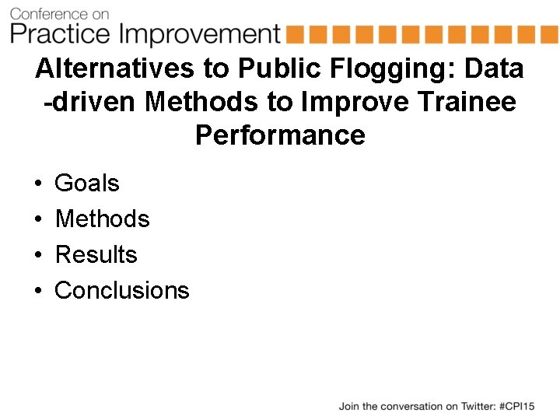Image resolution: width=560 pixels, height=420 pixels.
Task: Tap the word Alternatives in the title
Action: pyautogui.click(x=113, y=68)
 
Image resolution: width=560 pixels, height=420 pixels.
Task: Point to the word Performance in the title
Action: pyautogui.click(x=280, y=135)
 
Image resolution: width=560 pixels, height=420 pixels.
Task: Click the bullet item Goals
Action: pyautogui.click(x=87, y=184)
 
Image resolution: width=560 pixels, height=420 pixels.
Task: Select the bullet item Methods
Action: pyautogui.click(x=102, y=219)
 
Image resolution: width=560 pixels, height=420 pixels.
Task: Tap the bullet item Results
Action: pyautogui.click(x=96, y=255)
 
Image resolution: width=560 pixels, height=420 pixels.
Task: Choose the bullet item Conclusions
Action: pyautogui.click(x=122, y=291)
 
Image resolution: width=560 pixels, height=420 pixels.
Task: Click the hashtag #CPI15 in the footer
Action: pyautogui.click(x=516, y=406)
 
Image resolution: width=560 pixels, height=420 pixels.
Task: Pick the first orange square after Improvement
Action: pyautogui.click(x=294, y=34)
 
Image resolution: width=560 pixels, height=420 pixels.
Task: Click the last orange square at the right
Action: pyautogui.click(x=549, y=34)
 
